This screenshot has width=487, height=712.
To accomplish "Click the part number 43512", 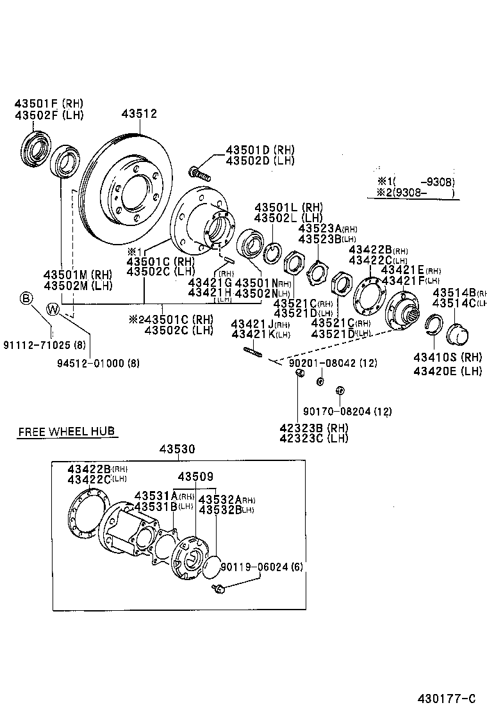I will click(x=139, y=114).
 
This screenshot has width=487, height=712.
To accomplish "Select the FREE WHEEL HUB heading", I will click(x=67, y=432).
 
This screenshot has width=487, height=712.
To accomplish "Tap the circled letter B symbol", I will click(x=26, y=298).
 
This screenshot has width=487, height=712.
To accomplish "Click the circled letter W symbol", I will click(x=53, y=310).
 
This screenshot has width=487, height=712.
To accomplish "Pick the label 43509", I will click(x=195, y=477).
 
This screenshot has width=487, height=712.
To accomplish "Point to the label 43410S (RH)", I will click(x=447, y=357).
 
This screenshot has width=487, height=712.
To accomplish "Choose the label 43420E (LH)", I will click(x=447, y=370).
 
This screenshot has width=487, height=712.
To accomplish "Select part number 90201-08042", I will click(x=334, y=363).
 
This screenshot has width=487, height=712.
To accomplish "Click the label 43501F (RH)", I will click(x=49, y=103).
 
